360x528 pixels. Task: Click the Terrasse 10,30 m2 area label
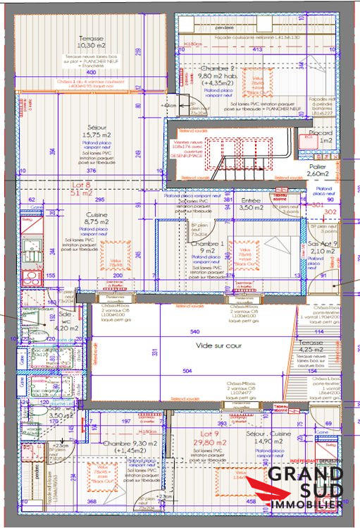(92, 42)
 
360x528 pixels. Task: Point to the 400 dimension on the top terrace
(90, 73)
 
